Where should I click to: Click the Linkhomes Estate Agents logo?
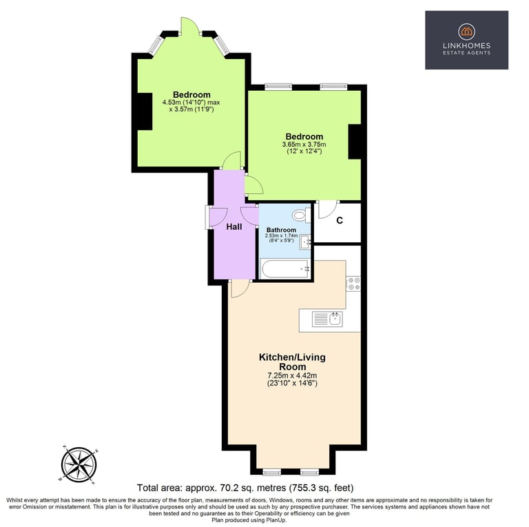point(466,40)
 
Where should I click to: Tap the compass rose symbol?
point(79,464)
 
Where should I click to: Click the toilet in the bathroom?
point(301,215)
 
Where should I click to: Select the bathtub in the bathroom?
point(285,268)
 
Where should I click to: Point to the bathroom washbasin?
point(305,242)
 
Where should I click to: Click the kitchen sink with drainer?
point(327,319)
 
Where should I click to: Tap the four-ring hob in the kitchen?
point(354,283)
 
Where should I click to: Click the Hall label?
point(234,227)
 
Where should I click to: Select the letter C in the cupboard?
point(340,220)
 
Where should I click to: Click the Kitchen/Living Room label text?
point(292,362)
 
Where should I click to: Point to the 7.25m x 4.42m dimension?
point(292,375)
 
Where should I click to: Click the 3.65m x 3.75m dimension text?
point(304,144)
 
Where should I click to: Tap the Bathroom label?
point(281,230)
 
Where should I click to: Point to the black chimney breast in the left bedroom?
point(145,111)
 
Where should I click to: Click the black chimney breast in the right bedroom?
point(355,142)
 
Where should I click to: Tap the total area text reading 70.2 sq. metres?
point(245,488)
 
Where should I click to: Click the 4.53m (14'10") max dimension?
point(191,102)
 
